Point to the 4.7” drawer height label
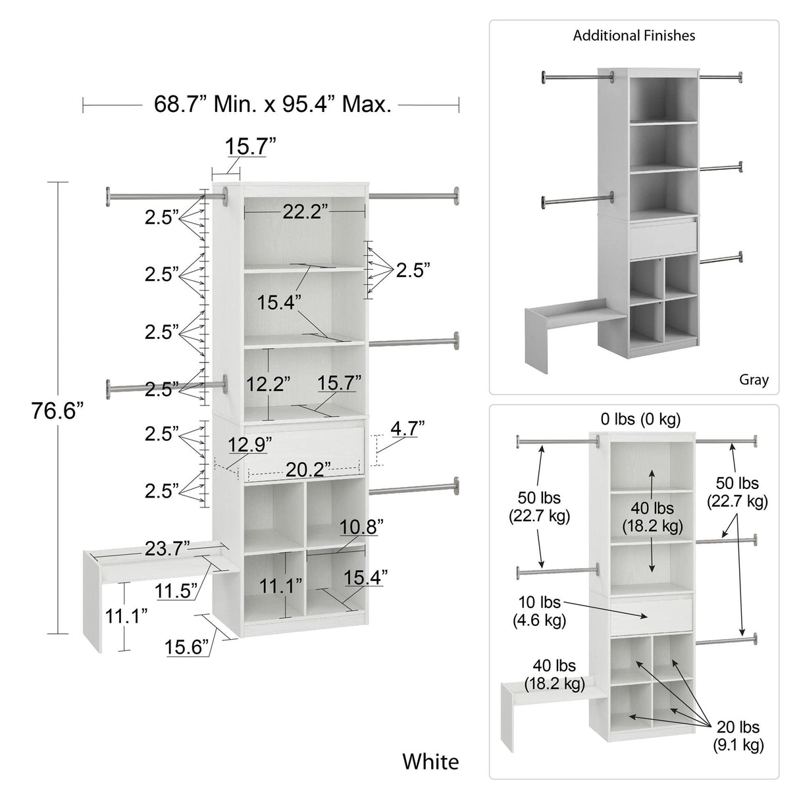[x=407, y=428]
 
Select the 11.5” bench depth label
[x=176, y=590]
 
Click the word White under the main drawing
[x=430, y=761]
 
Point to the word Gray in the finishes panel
[x=754, y=380]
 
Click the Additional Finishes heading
[x=634, y=36]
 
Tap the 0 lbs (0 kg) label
[x=640, y=419]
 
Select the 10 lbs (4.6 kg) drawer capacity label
[x=539, y=610]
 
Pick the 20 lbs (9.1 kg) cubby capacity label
[x=738, y=736]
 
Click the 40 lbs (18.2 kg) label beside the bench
[x=554, y=675]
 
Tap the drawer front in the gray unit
[x=663, y=240]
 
